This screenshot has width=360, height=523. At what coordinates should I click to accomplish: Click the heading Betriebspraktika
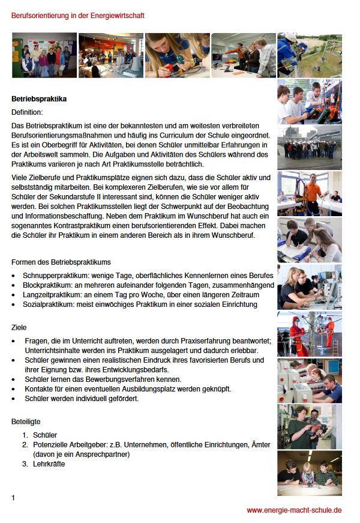(39, 98)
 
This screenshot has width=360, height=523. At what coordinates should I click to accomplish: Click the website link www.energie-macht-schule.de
(294, 510)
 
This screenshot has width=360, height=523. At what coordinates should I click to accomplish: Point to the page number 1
(14, 498)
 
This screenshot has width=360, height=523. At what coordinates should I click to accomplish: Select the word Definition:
(27, 112)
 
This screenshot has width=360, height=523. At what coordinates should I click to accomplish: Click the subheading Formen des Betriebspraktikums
(61, 262)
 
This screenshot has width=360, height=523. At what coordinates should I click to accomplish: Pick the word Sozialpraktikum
(48, 304)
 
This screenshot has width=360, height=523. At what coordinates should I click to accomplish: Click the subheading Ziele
(19, 328)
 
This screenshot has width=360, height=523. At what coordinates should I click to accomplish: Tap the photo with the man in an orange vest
(310, 193)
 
